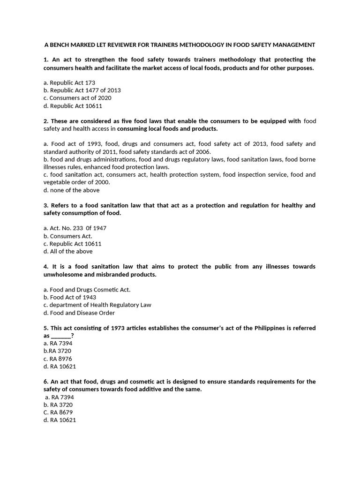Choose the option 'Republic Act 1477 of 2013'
(x=82, y=90)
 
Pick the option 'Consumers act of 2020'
(x=77, y=98)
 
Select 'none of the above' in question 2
(x=71, y=190)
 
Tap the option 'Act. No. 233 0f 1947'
(x=75, y=228)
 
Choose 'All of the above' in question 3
(x=68, y=251)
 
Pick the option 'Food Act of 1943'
(x=70, y=297)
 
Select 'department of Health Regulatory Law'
(x=97, y=305)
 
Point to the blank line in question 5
(x=61, y=336)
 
